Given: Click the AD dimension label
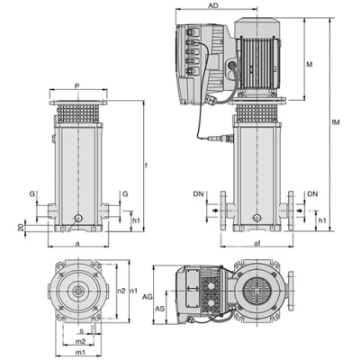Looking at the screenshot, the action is (213, 5).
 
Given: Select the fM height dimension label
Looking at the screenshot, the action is (337, 122).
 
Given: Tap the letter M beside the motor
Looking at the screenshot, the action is (310, 64).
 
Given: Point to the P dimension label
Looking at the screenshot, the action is (77, 86).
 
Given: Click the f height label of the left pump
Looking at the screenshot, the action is (147, 166).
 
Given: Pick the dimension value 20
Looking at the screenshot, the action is (21, 227).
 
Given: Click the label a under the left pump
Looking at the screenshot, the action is (77, 244).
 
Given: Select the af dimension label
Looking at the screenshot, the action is (256, 243).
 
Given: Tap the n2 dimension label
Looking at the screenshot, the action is (121, 291).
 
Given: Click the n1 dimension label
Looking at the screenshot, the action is (134, 291).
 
